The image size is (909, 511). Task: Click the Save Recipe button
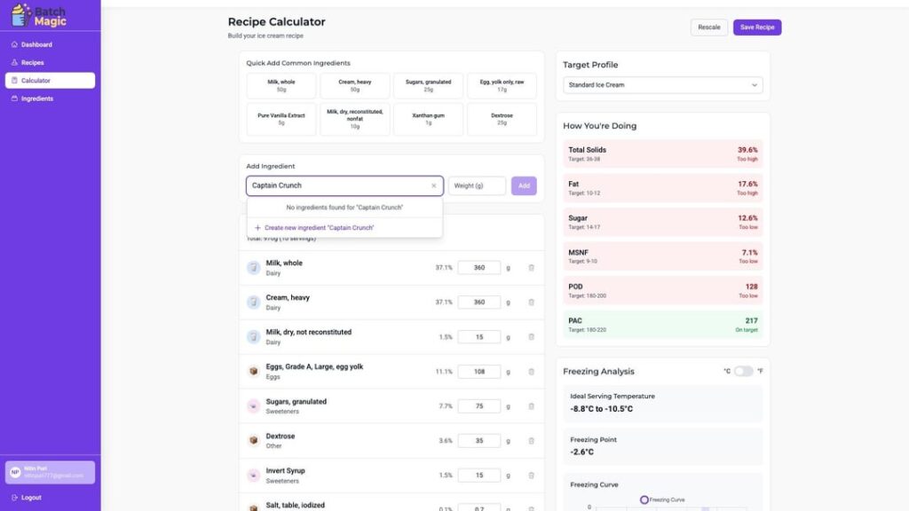(757, 28)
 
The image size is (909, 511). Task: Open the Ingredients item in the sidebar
(36, 98)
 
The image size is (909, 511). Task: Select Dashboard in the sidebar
(36, 44)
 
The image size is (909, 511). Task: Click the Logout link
(31, 498)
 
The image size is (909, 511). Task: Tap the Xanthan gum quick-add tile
(429, 119)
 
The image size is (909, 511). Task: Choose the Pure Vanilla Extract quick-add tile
(281, 119)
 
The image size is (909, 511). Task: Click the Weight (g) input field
(477, 185)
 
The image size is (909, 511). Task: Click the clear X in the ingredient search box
(434, 185)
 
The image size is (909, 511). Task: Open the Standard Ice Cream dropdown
(662, 85)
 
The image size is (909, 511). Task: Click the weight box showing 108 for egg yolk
(479, 372)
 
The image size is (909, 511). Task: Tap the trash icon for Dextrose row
(532, 441)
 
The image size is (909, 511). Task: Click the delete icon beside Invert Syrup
(532, 476)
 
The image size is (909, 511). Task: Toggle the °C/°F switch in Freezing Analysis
(743, 371)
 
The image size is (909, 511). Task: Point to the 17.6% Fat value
(747, 185)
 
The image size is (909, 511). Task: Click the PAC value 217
(751, 321)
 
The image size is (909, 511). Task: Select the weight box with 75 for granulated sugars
(479, 406)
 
